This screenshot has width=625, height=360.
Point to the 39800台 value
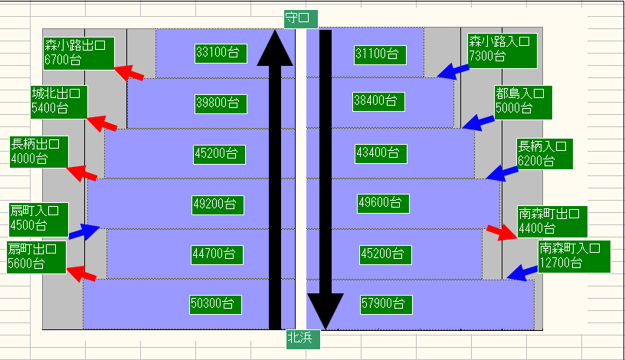[218, 102]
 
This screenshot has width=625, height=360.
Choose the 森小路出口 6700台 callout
[78, 52]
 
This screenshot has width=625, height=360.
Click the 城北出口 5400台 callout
[59, 100]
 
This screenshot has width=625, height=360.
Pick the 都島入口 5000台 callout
[524, 100]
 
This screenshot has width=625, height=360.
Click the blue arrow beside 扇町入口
[84, 231]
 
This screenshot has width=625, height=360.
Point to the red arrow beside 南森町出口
[502, 232]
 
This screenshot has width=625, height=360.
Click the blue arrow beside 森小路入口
[453, 70]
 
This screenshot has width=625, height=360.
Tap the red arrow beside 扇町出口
[82, 273]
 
